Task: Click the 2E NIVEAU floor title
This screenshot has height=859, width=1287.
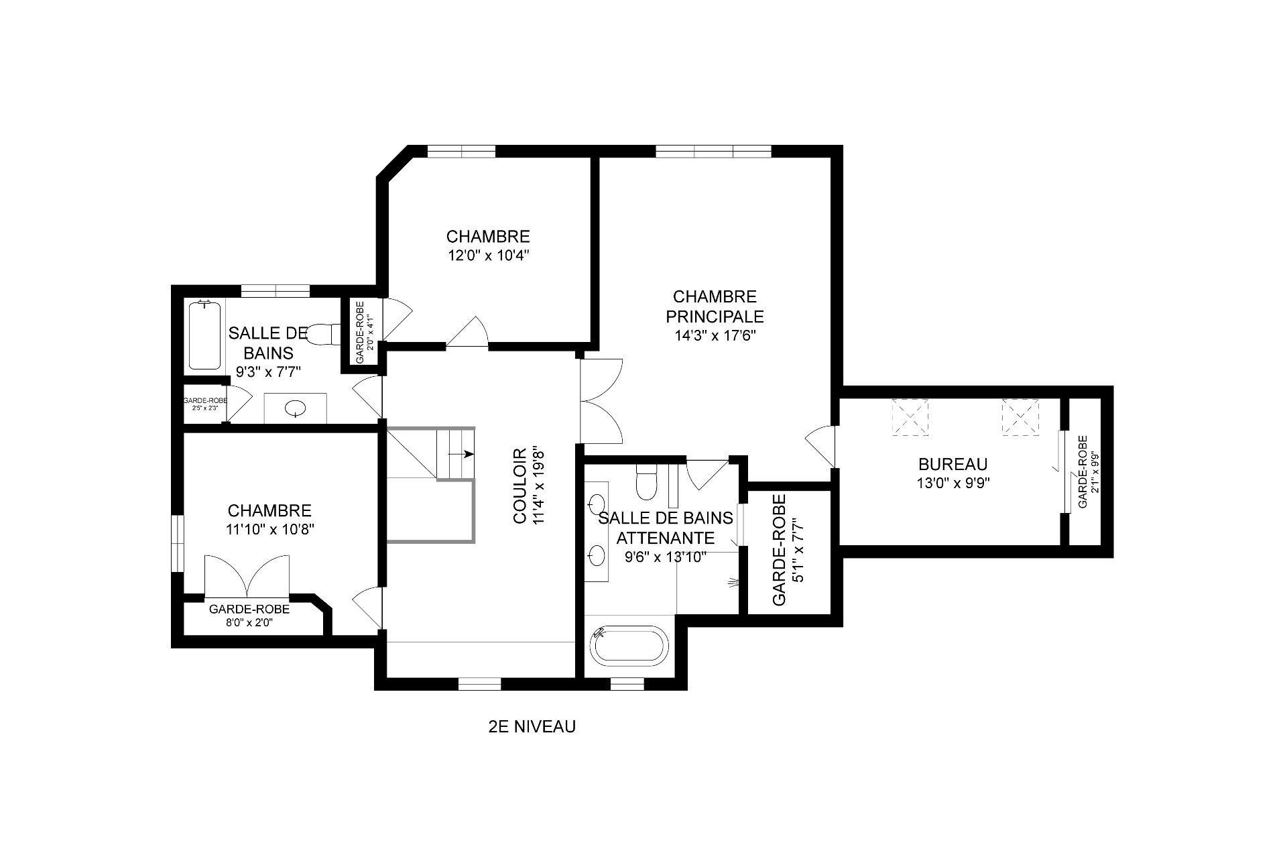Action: [x=532, y=726]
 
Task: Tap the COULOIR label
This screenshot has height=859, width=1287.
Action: [x=520, y=486]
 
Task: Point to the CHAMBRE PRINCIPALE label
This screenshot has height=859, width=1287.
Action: [x=715, y=306]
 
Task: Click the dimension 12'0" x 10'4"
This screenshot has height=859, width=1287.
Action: [x=488, y=255]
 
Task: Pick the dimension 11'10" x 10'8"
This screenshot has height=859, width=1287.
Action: [x=270, y=528]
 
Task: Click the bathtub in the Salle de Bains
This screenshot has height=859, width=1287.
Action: [x=204, y=335]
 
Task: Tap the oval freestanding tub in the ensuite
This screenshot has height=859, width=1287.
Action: [x=629, y=646]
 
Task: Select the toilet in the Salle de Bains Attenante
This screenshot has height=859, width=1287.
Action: [x=646, y=482]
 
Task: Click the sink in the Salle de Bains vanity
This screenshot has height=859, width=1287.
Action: [x=295, y=408]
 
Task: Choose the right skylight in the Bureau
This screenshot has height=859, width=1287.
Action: [x=1020, y=418]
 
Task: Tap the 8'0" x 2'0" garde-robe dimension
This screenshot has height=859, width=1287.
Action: [x=249, y=622]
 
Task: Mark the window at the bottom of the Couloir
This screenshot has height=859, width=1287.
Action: [x=479, y=684]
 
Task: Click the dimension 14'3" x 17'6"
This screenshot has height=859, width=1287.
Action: [x=715, y=335]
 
